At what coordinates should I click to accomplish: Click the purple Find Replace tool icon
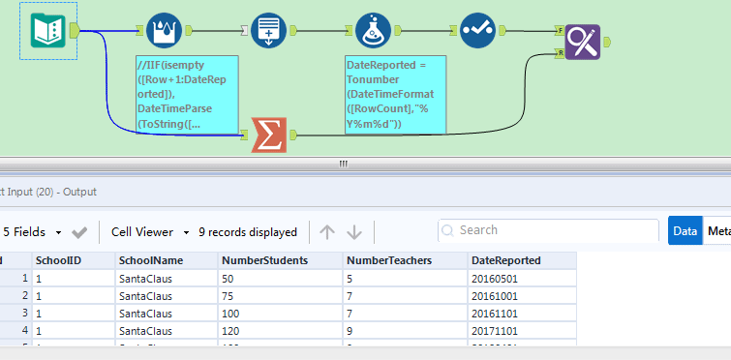[x=583, y=42]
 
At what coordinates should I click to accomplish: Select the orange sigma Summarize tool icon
[x=268, y=135]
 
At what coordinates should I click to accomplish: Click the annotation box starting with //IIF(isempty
[x=187, y=94]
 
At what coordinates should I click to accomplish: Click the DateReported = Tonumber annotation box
[x=395, y=94]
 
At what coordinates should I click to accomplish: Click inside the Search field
[x=552, y=231]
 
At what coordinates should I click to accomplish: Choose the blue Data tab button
[x=685, y=231]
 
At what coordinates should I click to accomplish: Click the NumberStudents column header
[x=265, y=260]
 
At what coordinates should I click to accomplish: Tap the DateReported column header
[x=505, y=260]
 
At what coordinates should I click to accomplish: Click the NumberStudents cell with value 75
[x=230, y=295]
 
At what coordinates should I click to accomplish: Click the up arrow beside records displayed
[x=327, y=232]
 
